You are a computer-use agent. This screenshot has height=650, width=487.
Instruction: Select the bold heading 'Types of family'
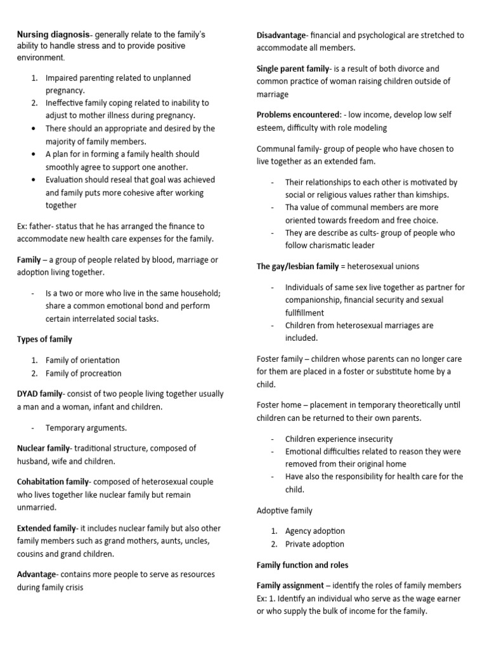[x=44, y=339]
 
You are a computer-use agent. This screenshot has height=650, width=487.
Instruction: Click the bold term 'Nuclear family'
[x=43, y=448]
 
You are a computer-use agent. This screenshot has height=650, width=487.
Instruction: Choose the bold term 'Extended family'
[x=46, y=528]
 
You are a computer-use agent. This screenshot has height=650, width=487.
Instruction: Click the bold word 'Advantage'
[x=36, y=574]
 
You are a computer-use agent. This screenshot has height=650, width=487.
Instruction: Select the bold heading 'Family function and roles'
[x=302, y=564]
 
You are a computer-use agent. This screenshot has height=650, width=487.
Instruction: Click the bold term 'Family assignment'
[x=290, y=585]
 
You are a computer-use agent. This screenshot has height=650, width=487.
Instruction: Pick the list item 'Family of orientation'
[x=82, y=360]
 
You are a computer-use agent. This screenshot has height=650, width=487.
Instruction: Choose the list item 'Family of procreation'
[x=83, y=373]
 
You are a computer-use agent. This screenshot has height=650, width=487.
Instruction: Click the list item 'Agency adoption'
[x=315, y=531]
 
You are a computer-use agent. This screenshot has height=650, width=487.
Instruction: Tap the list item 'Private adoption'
[x=315, y=544]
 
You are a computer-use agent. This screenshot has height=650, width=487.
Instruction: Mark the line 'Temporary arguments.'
[x=86, y=427]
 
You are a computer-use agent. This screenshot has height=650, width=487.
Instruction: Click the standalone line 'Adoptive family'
[x=284, y=510]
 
